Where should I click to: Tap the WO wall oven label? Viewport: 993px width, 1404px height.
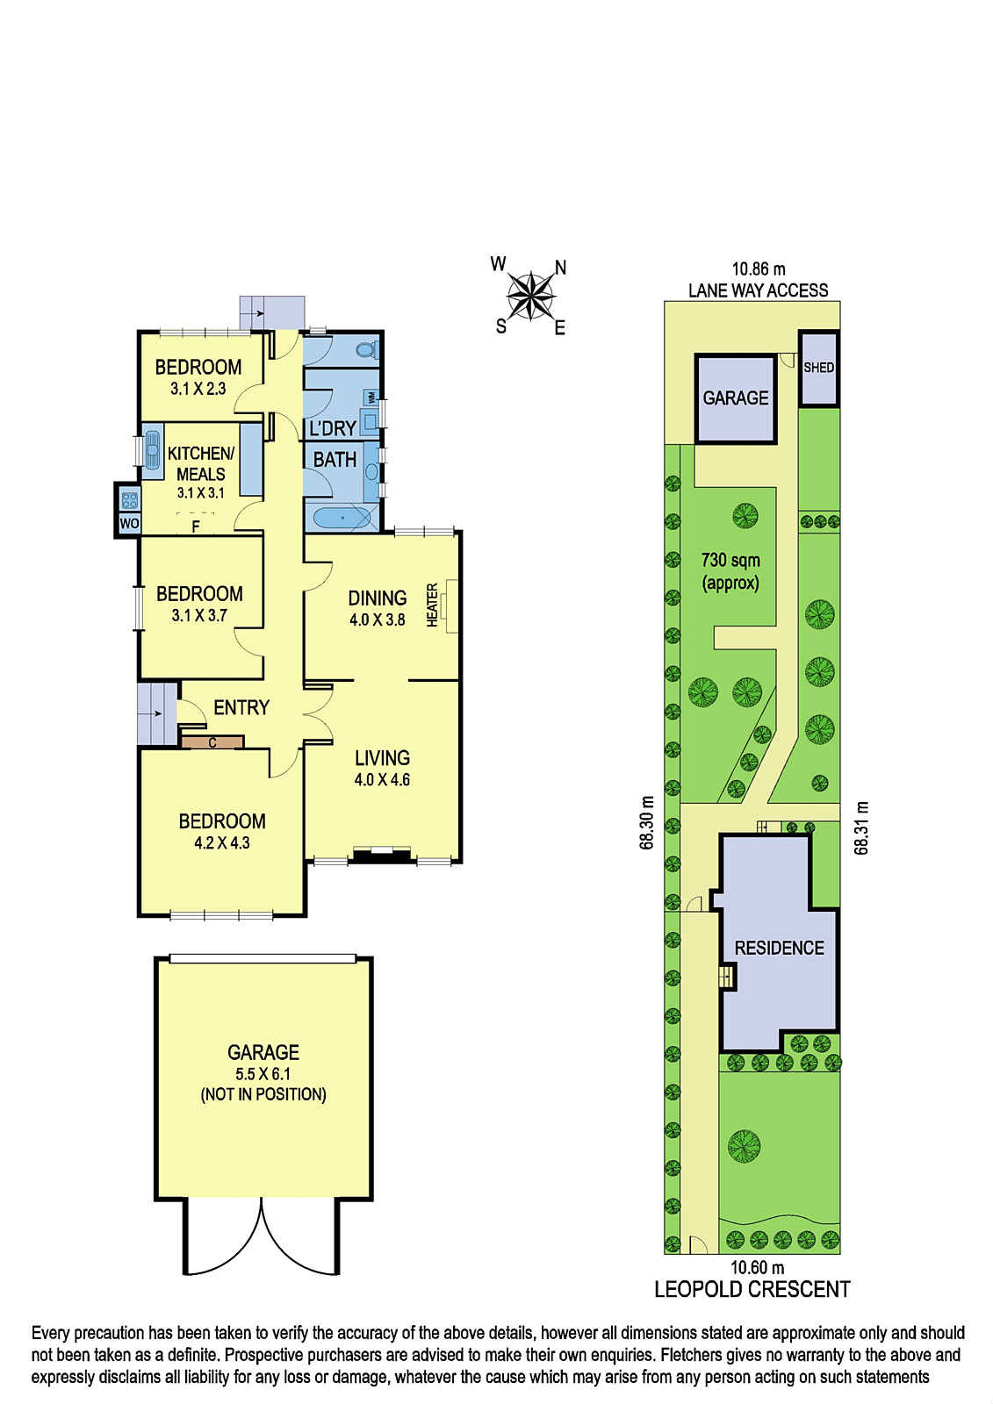coord(129,523)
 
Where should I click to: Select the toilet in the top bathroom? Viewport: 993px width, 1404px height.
coord(366,349)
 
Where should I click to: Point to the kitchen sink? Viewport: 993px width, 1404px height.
coord(153,448)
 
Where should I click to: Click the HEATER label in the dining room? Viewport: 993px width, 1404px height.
coord(432,605)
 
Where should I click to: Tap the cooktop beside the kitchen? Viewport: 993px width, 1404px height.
coord(130,500)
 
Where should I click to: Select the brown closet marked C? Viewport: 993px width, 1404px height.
coord(212,742)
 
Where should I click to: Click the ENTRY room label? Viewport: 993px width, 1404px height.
coord(241,707)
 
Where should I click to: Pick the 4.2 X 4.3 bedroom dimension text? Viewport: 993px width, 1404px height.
coord(222,843)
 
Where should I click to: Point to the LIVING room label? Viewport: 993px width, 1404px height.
coord(382,758)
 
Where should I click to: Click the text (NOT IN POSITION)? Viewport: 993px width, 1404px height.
coord(263,1094)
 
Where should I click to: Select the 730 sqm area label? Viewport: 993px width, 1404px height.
coord(730,561)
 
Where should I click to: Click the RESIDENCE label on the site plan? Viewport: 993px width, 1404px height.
coord(780,948)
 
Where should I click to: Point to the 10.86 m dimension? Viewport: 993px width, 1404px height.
coord(759,269)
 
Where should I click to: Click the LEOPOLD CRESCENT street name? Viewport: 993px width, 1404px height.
coord(752,1289)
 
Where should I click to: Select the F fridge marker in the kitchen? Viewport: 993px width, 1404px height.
coord(196,526)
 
